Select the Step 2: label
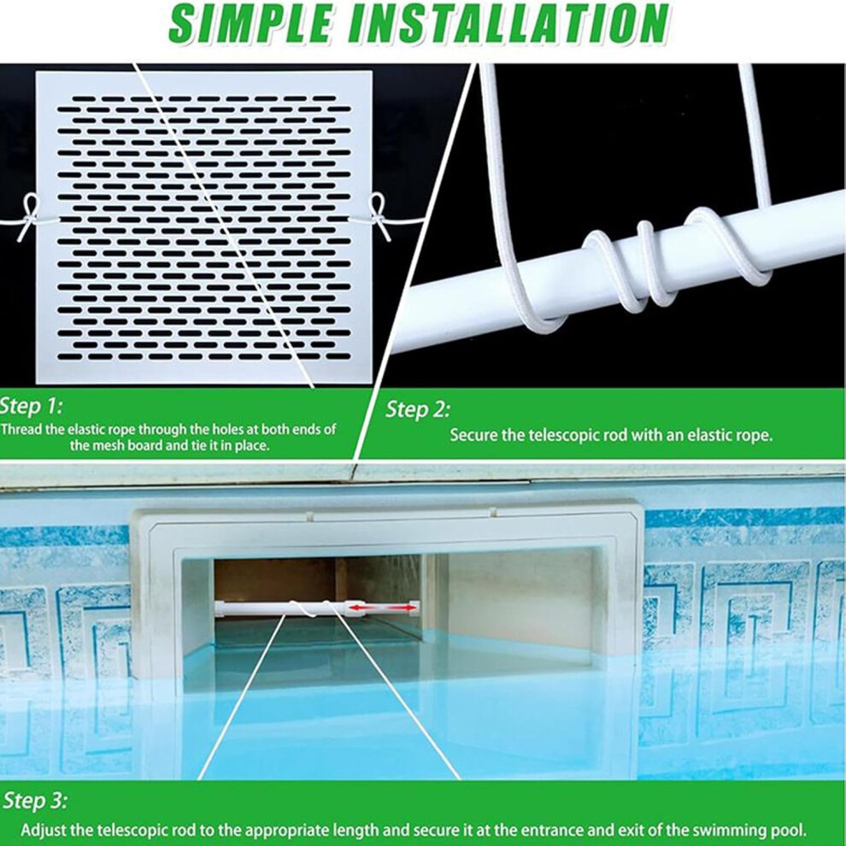pyautogui.click(x=418, y=410)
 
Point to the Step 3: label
pyautogui.click(x=36, y=801)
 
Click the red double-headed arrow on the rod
pyautogui.click(x=383, y=608)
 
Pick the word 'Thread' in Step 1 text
pyautogui.click(x=19, y=430)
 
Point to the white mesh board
pyautogui.click(x=204, y=227)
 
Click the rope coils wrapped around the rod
pyautogui.click(x=637, y=264)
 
